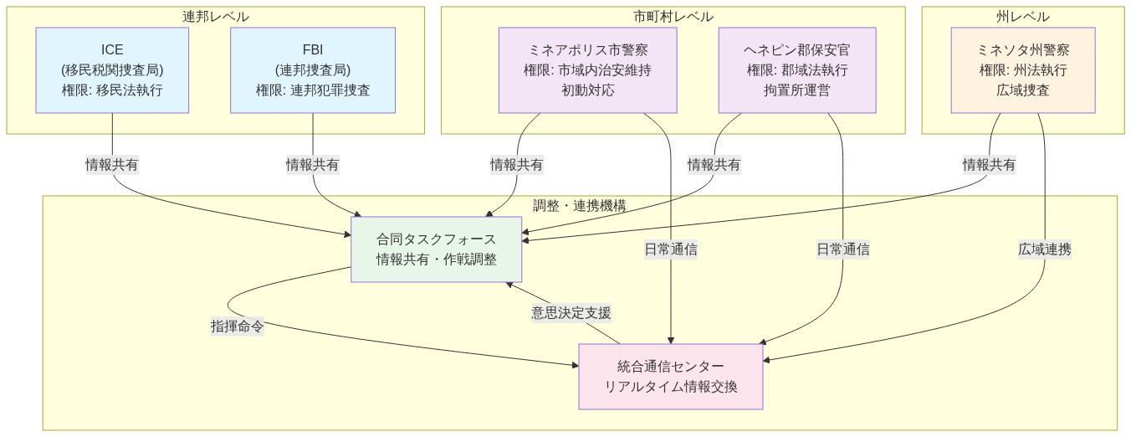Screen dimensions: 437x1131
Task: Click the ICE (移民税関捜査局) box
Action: [x=112, y=70]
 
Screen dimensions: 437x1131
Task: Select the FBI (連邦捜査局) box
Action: [x=313, y=70]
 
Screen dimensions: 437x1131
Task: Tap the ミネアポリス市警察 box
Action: [x=587, y=70]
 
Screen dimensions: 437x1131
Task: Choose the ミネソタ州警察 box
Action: [x=1022, y=70]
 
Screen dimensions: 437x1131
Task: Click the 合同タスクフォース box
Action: [x=436, y=249]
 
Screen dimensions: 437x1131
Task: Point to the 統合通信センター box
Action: [x=671, y=376]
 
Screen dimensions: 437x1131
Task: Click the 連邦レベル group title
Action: [x=216, y=17]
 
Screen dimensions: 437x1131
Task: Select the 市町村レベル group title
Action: [x=673, y=17]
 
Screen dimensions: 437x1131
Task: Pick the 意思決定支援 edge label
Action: [x=571, y=313]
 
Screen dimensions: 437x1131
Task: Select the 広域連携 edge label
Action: [x=1045, y=249]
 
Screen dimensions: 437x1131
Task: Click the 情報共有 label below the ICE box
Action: [x=112, y=165]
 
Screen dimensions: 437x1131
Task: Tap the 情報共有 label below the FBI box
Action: [x=313, y=165]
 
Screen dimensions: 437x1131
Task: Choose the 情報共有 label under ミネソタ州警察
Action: [x=989, y=165]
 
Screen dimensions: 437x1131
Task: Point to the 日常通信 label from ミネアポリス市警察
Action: [x=671, y=249]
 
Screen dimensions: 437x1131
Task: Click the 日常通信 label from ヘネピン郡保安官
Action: [x=842, y=249]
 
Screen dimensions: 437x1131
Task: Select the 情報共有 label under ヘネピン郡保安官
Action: [x=714, y=165]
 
